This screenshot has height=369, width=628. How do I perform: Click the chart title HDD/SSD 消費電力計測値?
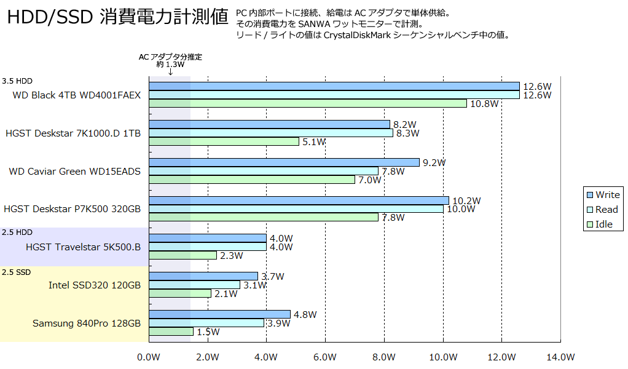click(x=117, y=18)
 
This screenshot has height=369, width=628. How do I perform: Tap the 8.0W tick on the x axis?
click(x=384, y=357)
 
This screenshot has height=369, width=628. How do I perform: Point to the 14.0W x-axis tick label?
click(x=560, y=357)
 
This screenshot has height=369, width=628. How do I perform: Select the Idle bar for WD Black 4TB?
click(x=307, y=103)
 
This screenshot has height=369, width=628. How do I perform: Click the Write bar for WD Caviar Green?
click(x=284, y=162)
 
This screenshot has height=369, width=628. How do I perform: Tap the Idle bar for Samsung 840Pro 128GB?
click(x=171, y=331)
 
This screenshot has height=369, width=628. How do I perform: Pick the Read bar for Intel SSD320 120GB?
click(x=194, y=285)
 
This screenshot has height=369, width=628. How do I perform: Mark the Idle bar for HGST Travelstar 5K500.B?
click(x=183, y=255)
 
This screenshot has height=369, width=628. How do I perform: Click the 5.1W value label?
click(x=314, y=142)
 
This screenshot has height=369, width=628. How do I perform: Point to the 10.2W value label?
click(x=466, y=200)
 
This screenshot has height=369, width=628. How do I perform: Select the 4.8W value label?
click(x=305, y=315)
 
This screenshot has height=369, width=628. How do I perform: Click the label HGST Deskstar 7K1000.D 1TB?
click(x=73, y=133)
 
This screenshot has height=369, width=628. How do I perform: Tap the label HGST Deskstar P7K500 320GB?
click(x=72, y=209)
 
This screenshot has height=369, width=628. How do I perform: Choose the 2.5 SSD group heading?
click(x=16, y=272)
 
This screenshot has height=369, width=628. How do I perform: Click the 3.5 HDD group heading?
click(x=17, y=81)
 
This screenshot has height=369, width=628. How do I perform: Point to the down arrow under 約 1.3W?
click(x=170, y=72)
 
